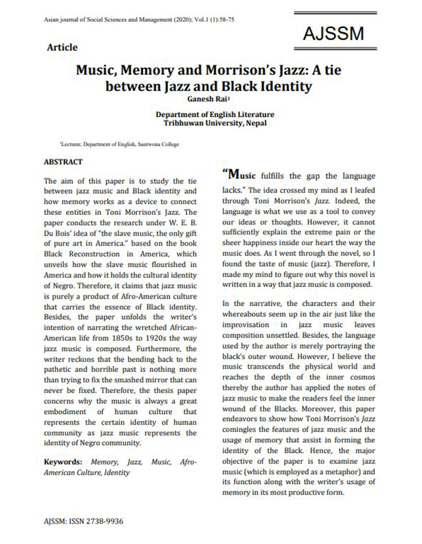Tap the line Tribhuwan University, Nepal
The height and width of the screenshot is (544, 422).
(212, 123)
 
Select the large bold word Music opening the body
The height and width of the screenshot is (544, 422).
(242, 173)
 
